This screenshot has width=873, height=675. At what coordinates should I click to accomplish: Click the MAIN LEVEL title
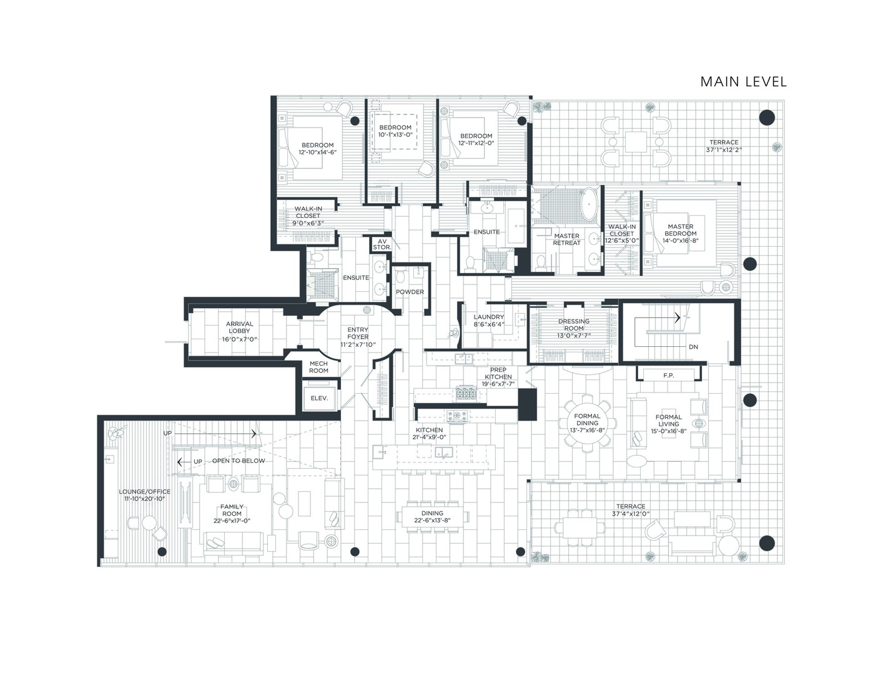(743, 82)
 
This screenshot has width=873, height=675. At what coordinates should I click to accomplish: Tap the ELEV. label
(319, 398)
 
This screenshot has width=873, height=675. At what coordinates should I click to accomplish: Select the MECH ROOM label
(318, 367)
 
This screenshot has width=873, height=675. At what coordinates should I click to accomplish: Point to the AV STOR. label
(382, 244)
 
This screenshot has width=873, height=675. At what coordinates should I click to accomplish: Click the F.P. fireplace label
(669, 375)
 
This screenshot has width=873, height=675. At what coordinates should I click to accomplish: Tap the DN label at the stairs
(693, 346)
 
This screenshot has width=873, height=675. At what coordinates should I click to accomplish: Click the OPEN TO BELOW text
(239, 461)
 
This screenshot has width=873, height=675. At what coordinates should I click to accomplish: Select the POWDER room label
(410, 292)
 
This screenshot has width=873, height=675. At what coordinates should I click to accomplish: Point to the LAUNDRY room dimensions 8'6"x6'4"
(488, 324)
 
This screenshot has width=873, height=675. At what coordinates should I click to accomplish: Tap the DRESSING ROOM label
(574, 324)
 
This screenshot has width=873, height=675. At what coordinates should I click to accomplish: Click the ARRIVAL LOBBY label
(239, 327)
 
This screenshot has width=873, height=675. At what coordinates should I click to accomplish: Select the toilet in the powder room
(400, 277)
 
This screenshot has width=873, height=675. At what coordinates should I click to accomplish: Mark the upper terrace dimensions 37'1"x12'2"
(724, 149)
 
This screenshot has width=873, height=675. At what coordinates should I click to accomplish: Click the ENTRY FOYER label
(358, 333)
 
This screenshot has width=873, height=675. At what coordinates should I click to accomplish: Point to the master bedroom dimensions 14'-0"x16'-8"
(681, 241)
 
